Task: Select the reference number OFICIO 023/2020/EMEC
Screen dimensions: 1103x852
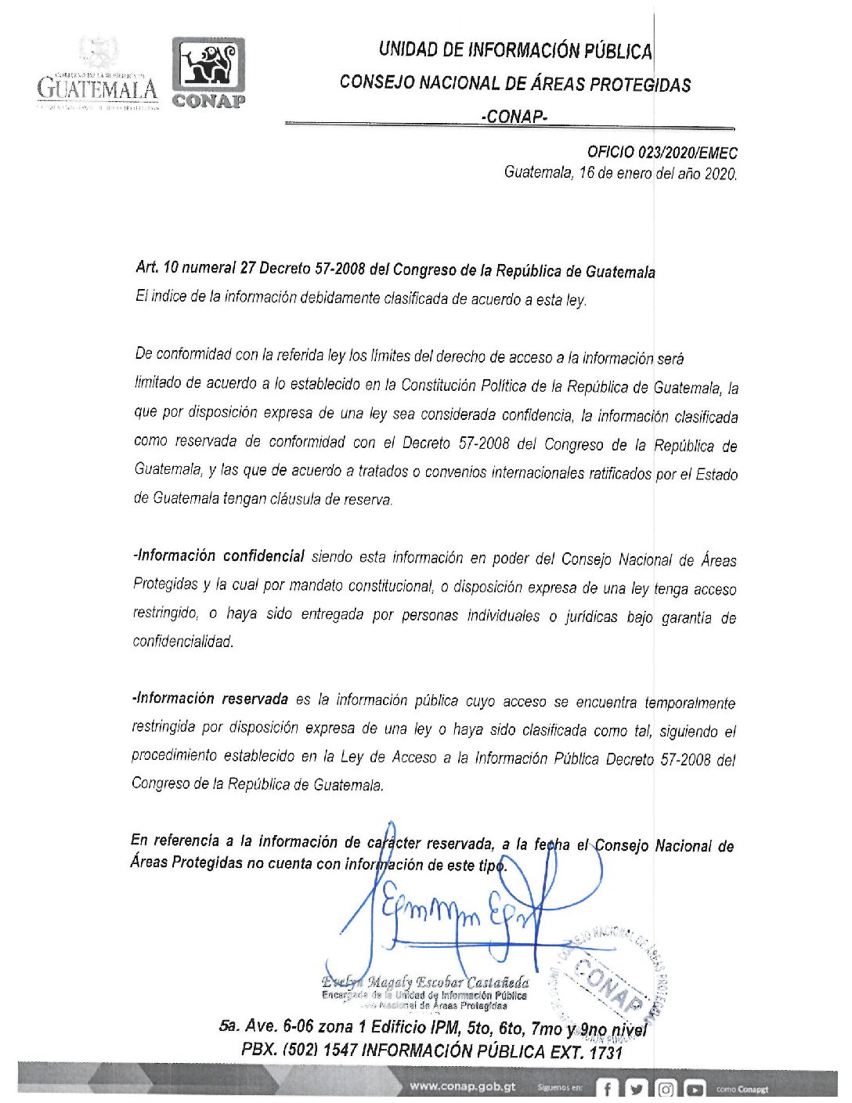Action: click(x=662, y=153)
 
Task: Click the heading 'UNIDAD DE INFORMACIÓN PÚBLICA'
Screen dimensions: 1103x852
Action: click(x=514, y=50)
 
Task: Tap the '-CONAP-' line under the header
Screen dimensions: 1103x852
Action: click(x=514, y=117)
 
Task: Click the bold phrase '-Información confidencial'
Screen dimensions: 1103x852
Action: click(x=218, y=556)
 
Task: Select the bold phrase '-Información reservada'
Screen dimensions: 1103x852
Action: click(x=210, y=699)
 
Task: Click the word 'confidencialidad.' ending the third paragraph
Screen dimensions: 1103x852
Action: click(x=183, y=642)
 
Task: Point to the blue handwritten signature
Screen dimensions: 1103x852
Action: click(x=454, y=909)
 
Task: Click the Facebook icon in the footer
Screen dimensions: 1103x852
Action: click(x=608, y=1089)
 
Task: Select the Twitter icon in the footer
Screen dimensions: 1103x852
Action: click(x=636, y=1089)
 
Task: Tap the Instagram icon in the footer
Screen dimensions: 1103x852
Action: click(x=665, y=1089)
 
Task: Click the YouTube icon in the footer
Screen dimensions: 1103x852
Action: click(x=694, y=1089)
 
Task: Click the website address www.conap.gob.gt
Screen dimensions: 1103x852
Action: click(x=462, y=1087)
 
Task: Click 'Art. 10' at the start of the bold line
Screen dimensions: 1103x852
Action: click(x=157, y=268)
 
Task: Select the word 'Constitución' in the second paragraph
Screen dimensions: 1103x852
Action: click(x=439, y=385)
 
